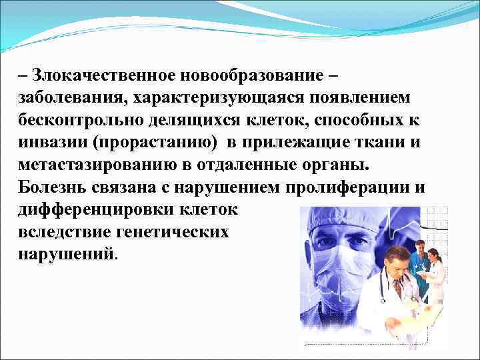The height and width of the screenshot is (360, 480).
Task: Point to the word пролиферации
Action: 353,188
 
